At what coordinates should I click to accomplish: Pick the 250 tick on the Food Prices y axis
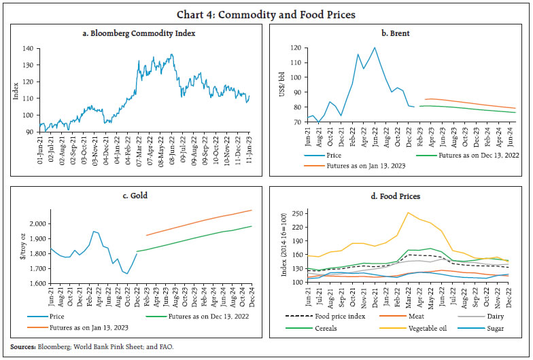(x=297, y=213)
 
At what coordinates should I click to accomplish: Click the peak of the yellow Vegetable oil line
(x=407, y=213)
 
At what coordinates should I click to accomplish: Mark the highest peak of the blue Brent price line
(x=374, y=48)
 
